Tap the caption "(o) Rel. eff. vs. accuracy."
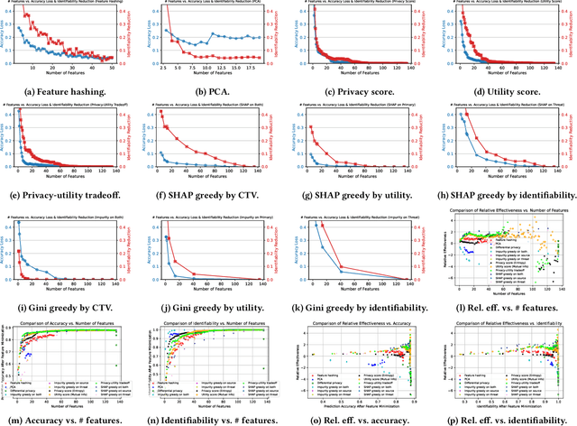[361, 418]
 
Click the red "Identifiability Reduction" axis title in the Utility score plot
[572, 36]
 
